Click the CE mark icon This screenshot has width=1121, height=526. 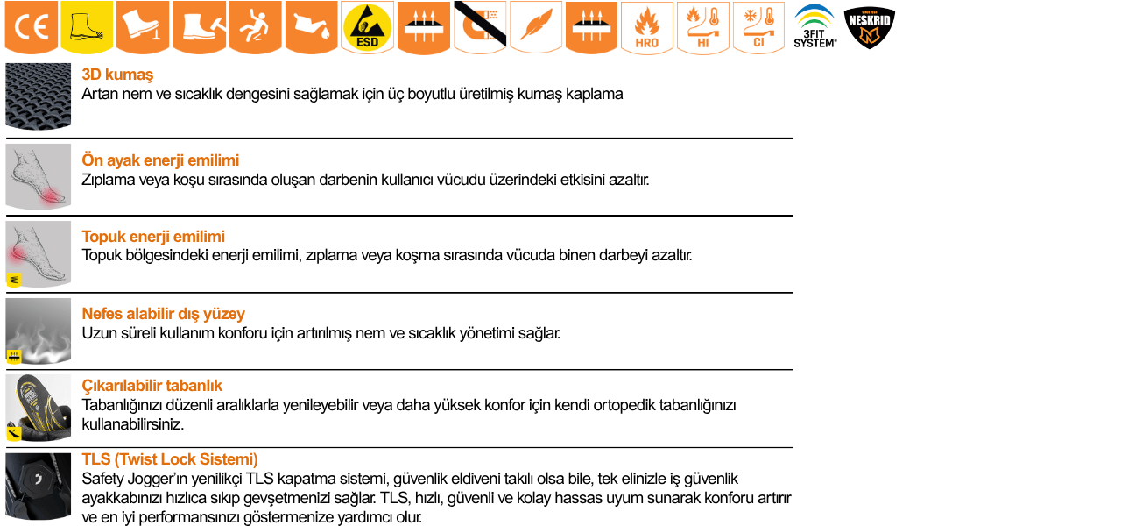click(x=32, y=28)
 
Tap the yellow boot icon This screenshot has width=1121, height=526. click(x=88, y=28)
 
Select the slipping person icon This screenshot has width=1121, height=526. click(x=256, y=28)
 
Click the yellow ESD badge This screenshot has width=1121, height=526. click(x=368, y=28)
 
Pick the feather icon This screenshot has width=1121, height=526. click(x=536, y=28)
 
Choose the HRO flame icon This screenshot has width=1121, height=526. click(x=647, y=28)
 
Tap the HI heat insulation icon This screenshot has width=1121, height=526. click(x=703, y=28)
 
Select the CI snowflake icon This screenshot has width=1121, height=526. click(x=759, y=28)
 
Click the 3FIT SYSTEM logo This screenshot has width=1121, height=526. click(x=814, y=27)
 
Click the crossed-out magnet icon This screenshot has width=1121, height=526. click(x=480, y=28)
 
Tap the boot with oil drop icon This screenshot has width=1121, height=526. click(x=312, y=28)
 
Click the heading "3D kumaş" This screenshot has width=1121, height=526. click(x=117, y=75)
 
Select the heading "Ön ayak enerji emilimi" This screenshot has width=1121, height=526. click(x=160, y=160)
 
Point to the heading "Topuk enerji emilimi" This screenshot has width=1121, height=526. click(x=153, y=237)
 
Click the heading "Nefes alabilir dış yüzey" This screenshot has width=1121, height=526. click(x=163, y=314)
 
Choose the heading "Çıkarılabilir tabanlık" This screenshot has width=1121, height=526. click(x=152, y=386)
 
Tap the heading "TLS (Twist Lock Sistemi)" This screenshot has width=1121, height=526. click(x=170, y=459)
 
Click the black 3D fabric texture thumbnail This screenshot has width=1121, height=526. click(x=39, y=96)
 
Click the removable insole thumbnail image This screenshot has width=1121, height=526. click(x=39, y=408)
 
